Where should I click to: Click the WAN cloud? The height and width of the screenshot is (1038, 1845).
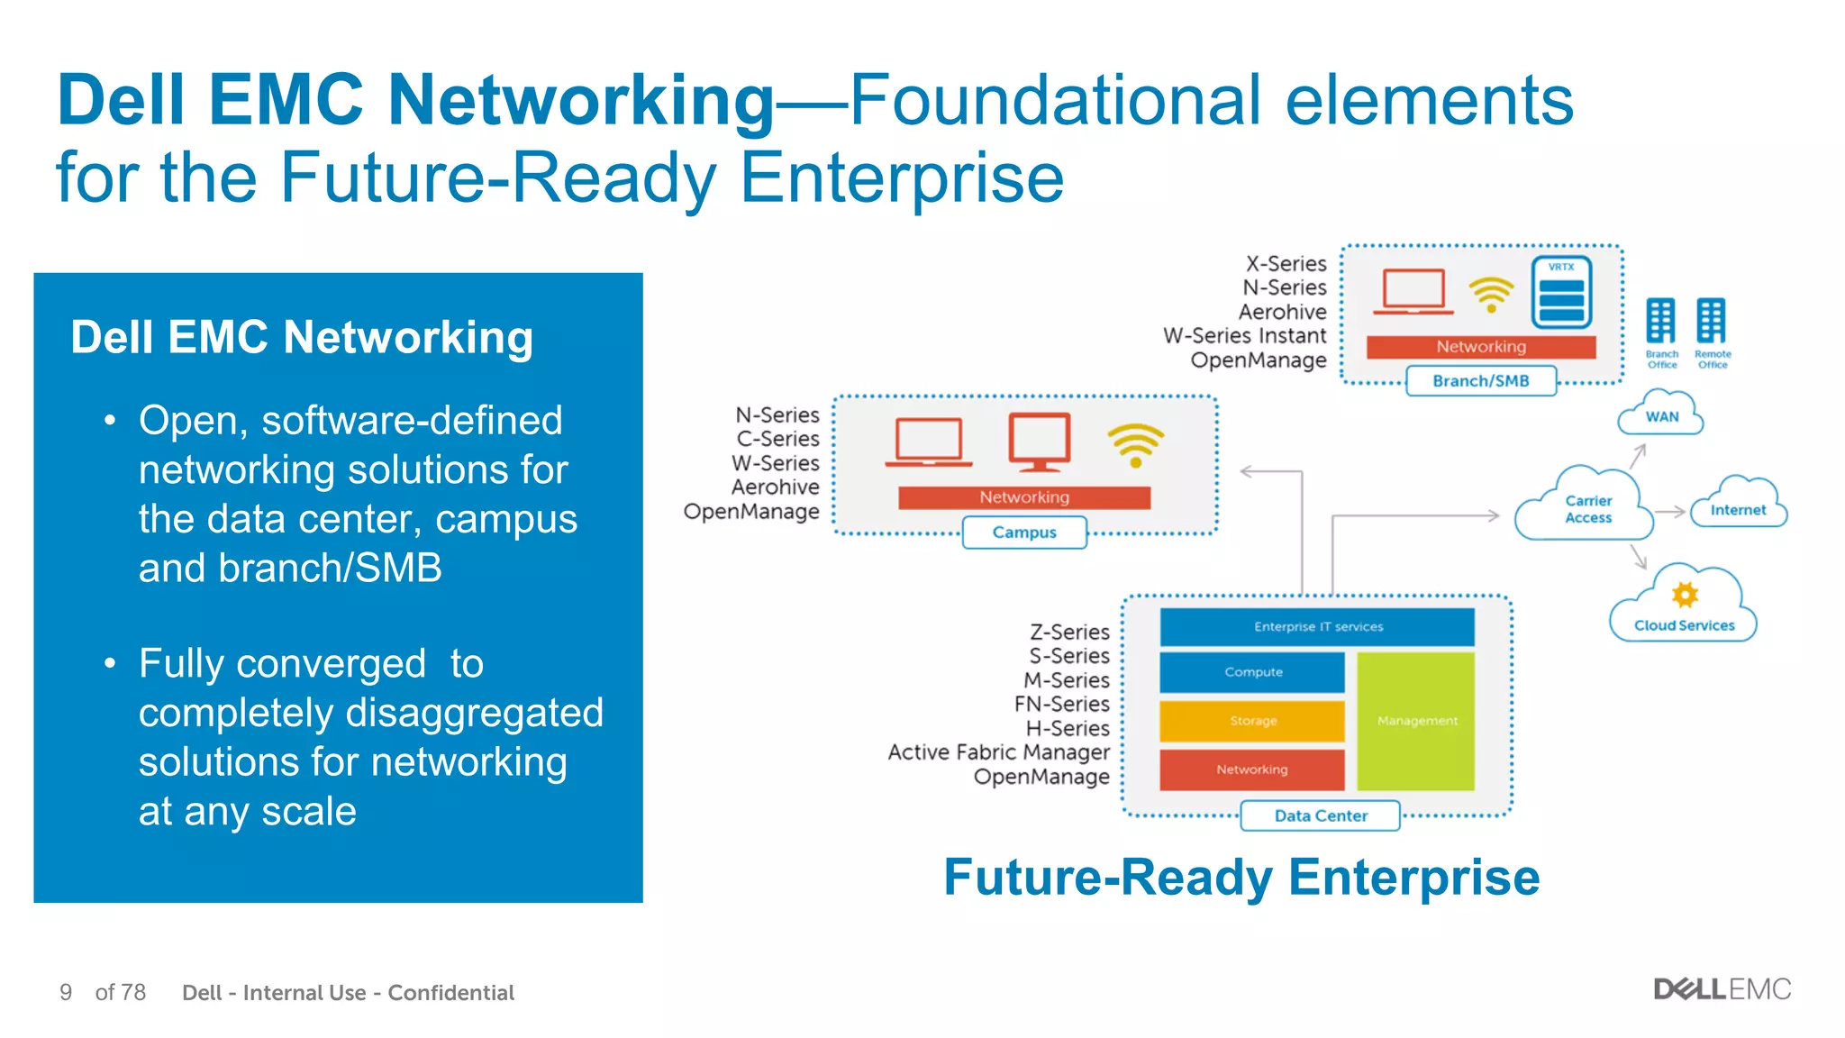pyautogui.click(x=1661, y=415)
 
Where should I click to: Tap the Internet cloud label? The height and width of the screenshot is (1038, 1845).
pyautogui.click(x=1738, y=509)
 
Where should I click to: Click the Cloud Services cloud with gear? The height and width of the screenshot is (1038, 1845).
pyautogui.click(x=1684, y=608)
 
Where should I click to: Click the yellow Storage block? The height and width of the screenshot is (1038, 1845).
pyautogui.click(x=1252, y=721)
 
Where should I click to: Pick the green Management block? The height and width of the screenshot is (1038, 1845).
pyautogui.click(x=1416, y=721)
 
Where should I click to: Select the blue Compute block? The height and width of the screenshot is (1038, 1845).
pyautogui.click(x=1252, y=672)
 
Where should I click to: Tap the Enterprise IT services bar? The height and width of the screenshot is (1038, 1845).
pyautogui.click(x=1317, y=626)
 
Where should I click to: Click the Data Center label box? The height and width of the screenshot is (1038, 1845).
pyautogui.click(x=1321, y=815)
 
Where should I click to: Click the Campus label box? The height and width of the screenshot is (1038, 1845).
pyautogui.click(x=1024, y=533)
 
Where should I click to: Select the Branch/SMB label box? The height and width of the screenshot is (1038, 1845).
pyautogui.click(x=1480, y=381)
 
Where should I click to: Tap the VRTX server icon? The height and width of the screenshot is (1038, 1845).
pyautogui.click(x=1561, y=294)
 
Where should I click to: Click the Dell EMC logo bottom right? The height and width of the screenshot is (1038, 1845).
pyautogui.click(x=1722, y=989)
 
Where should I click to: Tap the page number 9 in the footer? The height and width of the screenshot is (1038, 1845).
pyautogui.click(x=66, y=992)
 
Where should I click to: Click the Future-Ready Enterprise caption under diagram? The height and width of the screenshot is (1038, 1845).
pyautogui.click(x=1241, y=877)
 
